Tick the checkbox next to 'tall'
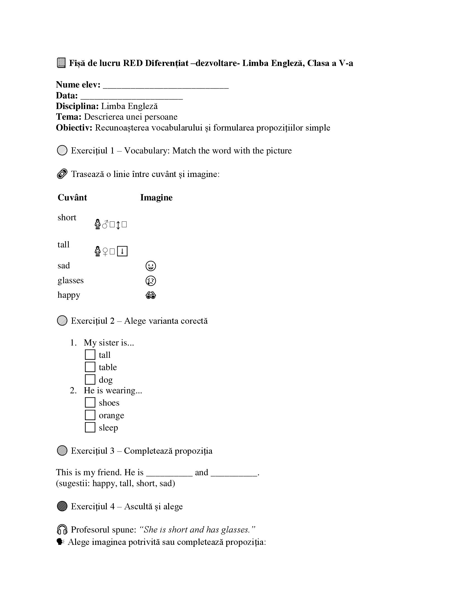point(90,354)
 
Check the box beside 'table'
point(90,367)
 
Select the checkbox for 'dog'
point(90,379)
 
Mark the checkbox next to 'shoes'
point(90,402)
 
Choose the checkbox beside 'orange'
point(90,415)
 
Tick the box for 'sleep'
point(90,427)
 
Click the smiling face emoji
point(151,266)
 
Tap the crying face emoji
point(151,280)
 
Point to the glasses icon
point(151,295)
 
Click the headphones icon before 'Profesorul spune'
point(62,529)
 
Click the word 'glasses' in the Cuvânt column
point(71,280)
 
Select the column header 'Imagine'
point(156,197)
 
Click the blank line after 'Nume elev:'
point(166,86)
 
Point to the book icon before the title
point(61,63)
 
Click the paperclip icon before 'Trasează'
point(62,174)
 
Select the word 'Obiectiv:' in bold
point(74,127)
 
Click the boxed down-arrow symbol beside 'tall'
point(122,251)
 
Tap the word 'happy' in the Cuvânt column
point(69,295)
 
